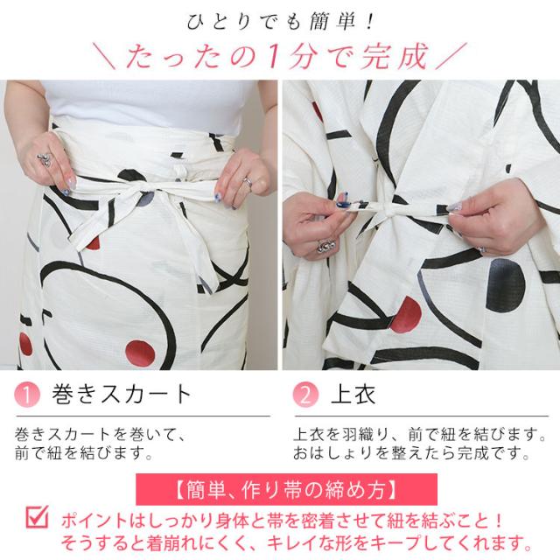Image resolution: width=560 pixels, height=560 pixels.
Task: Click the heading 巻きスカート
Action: coord(121,393)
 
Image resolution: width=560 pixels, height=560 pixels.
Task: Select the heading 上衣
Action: coord(351,393)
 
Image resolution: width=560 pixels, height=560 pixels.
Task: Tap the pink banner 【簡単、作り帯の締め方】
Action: coord(280,487)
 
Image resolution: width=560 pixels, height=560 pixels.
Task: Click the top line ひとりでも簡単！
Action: coord(280,20)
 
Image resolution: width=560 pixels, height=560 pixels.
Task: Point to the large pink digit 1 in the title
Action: coord(272,57)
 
